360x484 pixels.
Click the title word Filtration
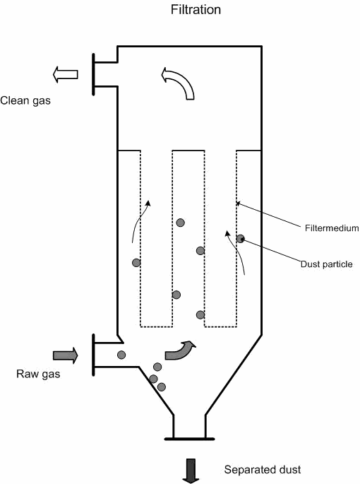(196, 10)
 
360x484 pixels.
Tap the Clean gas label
(25, 100)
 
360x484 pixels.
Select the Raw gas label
(38, 374)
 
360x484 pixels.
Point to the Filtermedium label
(332, 228)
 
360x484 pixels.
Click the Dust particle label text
(327, 264)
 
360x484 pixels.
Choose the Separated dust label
(263, 469)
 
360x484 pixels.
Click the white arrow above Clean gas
(65, 74)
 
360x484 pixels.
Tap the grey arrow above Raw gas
(66, 355)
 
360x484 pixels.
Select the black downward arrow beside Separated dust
(191, 471)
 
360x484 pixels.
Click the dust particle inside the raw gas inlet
(121, 355)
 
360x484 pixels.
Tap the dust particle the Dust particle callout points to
(240, 239)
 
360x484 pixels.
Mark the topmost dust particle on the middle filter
(181, 223)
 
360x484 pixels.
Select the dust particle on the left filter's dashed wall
(136, 263)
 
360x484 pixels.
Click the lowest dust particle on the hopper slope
(162, 386)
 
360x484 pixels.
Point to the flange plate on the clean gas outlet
(93, 74)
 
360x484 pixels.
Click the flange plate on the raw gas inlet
(93, 355)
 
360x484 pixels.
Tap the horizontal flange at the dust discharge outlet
(189, 439)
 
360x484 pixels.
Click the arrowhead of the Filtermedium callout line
(238, 203)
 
